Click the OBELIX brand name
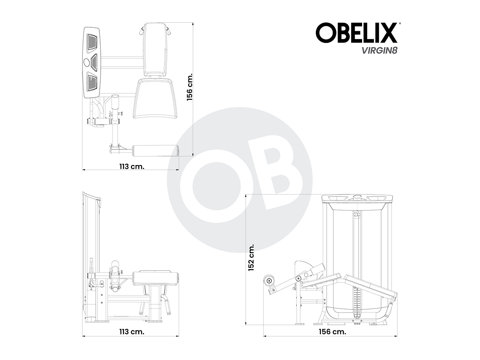[356, 33]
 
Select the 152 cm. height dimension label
[251, 257]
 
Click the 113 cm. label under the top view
[131, 166]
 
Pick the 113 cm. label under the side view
[131, 331]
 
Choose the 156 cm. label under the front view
[333, 331]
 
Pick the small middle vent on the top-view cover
[93, 62]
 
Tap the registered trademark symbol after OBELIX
[399, 24]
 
